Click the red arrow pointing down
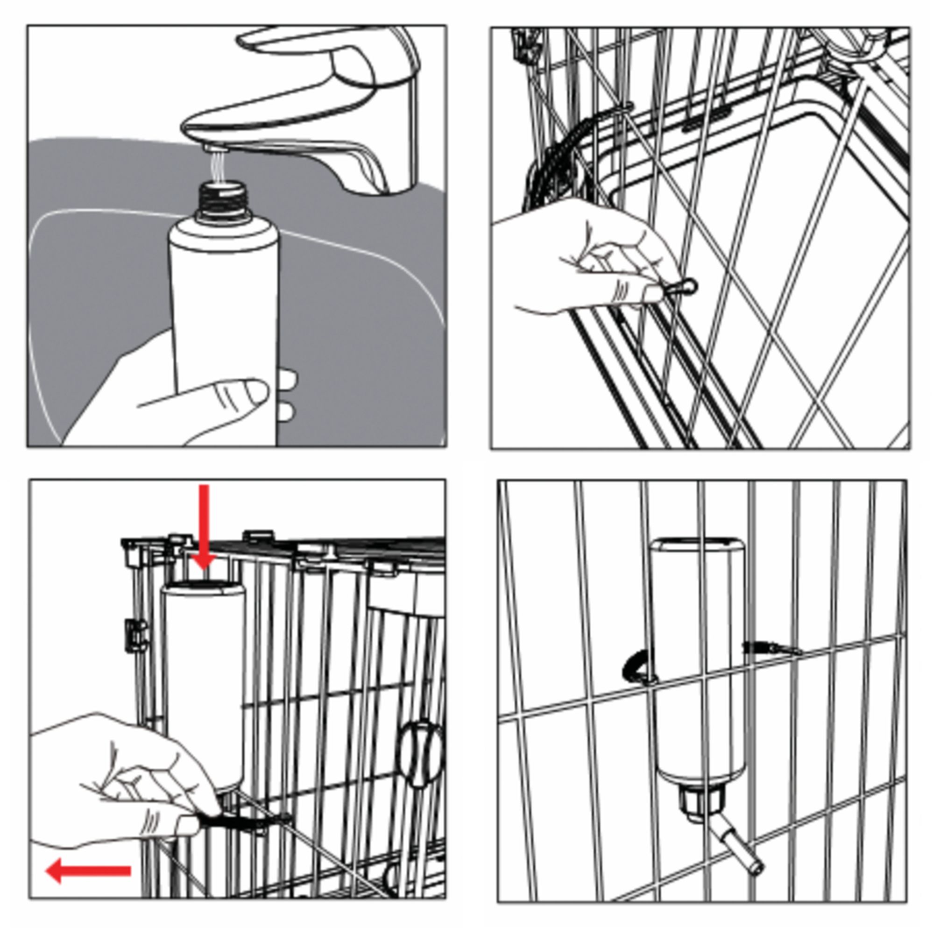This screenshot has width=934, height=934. pos(204,527)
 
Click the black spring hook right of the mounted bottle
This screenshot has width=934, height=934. pos(769,648)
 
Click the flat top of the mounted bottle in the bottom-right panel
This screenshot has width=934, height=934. pos(696,544)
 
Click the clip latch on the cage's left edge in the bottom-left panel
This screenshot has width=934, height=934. pos(135,636)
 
